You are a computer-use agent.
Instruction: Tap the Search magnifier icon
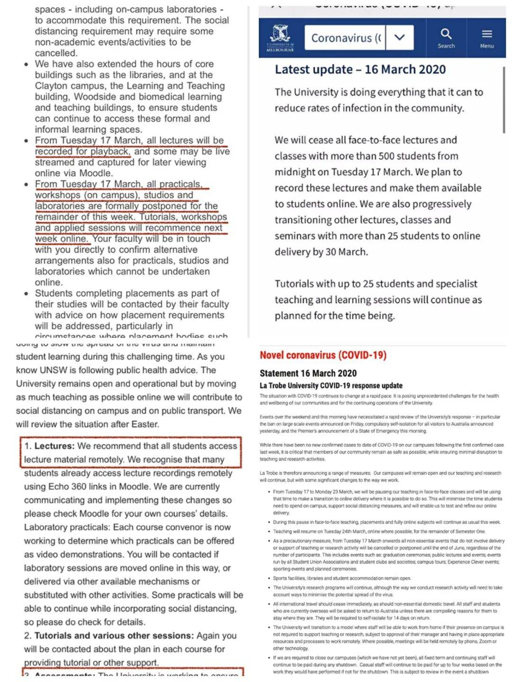tap(446, 34)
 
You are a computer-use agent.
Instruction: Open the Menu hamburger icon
tap(487, 34)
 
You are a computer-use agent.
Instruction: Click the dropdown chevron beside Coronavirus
tap(400, 37)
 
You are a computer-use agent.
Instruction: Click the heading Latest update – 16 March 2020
tap(360, 70)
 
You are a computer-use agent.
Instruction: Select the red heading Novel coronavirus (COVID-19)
tap(323, 355)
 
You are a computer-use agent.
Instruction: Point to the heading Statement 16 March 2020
tap(308, 373)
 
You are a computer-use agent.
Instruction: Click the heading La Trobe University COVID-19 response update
tap(331, 386)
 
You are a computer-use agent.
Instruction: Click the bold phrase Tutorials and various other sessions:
tap(114, 636)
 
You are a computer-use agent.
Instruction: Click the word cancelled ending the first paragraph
tap(56, 53)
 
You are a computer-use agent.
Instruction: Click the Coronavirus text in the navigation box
tap(346, 38)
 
